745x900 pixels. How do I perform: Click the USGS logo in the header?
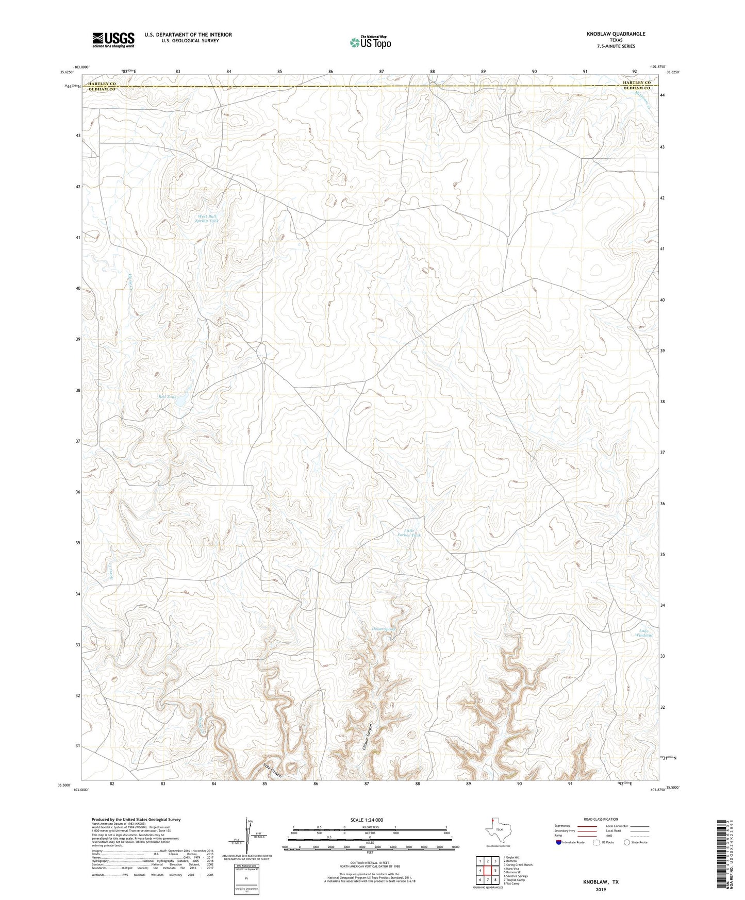coord(113,40)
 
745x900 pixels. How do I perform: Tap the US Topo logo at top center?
coord(370,42)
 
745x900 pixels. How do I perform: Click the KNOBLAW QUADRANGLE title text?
coord(616,34)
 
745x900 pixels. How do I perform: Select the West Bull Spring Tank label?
coord(206,219)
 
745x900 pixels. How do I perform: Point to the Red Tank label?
coord(167,397)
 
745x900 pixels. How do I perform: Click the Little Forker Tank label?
coord(409,533)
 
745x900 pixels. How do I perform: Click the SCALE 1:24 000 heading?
coord(367,820)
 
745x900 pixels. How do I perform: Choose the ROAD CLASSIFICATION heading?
coord(601,819)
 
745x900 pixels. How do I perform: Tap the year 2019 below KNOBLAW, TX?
coord(601,890)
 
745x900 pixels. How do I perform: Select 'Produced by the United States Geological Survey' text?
coord(136,819)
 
